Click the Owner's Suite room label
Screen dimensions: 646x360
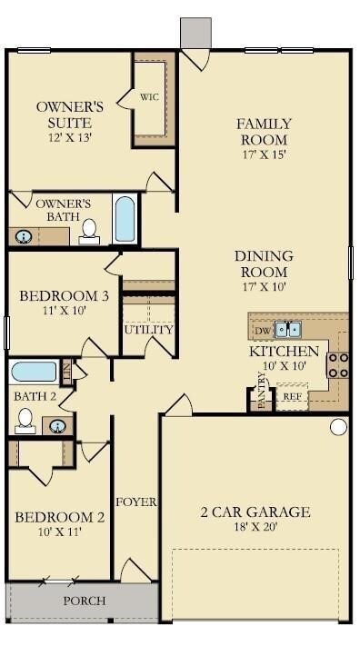[x=69, y=114]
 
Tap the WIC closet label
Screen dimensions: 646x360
[x=150, y=97]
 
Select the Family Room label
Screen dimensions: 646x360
[x=264, y=132]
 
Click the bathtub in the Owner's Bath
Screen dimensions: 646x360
[x=125, y=218]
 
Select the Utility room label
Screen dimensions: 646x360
[x=148, y=329]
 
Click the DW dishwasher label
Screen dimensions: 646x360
[x=262, y=331]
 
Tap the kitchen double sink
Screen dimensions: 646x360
[x=288, y=329]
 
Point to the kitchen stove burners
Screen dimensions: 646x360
[x=338, y=364]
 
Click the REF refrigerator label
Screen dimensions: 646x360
[x=292, y=396]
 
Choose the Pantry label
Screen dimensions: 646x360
[x=261, y=397]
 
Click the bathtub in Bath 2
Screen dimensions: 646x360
[x=34, y=372]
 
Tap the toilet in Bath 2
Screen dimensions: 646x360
[x=25, y=419]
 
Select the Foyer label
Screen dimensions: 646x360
[x=135, y=502]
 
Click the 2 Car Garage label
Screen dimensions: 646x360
[x=255, y=512]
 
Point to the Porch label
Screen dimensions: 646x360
[x=84, y=601]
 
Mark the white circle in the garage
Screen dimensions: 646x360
[x=338, y=426]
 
